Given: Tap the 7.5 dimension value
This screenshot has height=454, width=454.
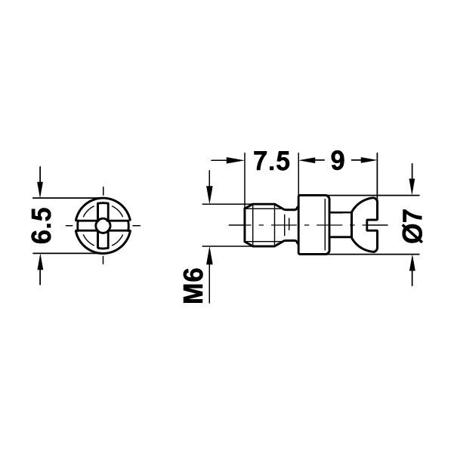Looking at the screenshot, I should coord(272,162).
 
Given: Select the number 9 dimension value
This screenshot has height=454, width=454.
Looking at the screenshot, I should coord(337,162).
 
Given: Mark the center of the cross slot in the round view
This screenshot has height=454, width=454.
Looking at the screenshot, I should coord(101,226).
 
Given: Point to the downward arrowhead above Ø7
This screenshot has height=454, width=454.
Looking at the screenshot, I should coord(412,185).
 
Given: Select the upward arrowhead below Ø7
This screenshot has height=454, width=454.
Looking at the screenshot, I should coord(412,264).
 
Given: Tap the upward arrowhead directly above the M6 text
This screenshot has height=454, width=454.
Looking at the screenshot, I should coord(209,255).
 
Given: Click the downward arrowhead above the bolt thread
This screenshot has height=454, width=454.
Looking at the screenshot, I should coord(209,196).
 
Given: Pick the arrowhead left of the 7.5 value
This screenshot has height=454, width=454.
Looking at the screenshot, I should coord(239,161).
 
